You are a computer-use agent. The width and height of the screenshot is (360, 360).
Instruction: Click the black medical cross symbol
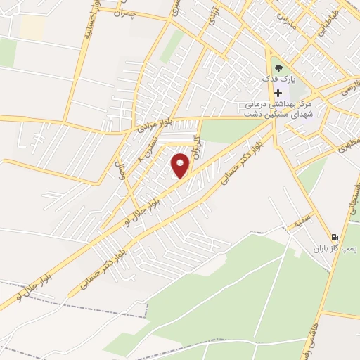point(279,94)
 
